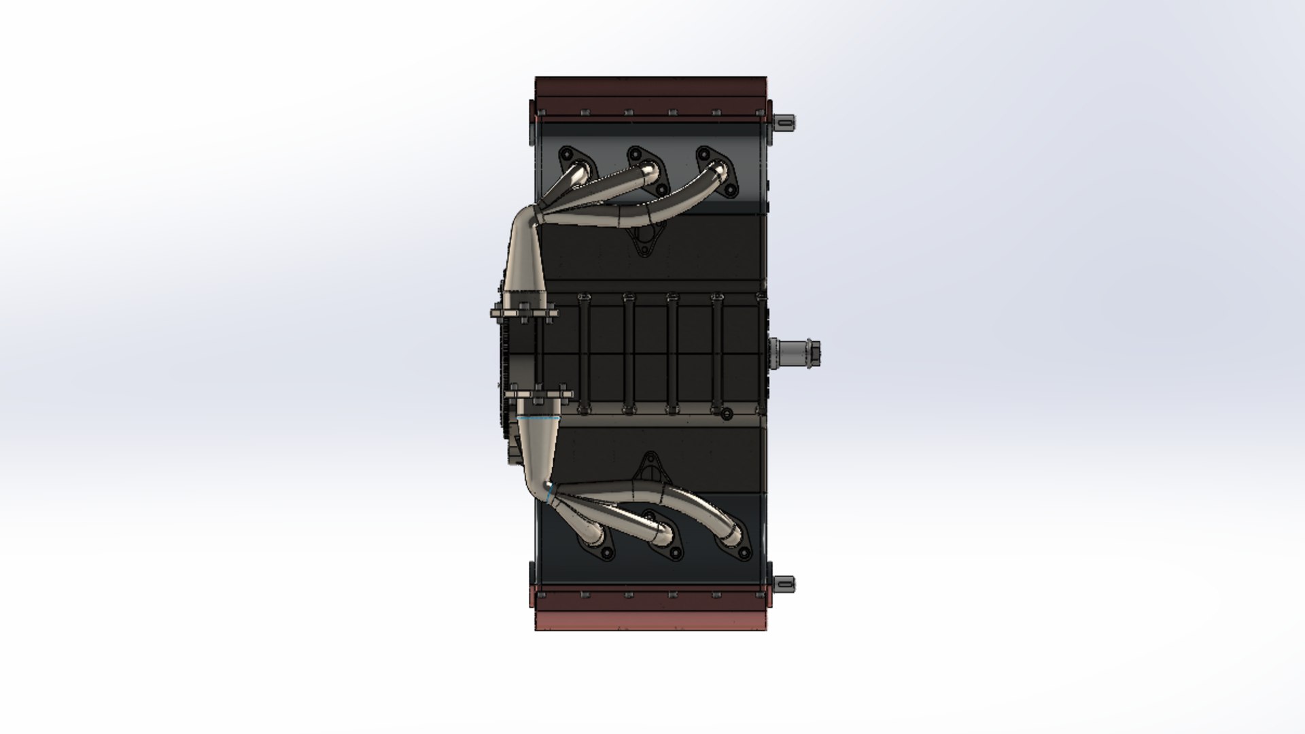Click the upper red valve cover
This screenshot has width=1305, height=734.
pos(650,96)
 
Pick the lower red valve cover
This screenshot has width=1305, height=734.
pos(650,612)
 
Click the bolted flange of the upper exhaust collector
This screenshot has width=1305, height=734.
pos(524,313)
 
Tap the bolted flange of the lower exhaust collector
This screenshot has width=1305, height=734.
pos(537,394)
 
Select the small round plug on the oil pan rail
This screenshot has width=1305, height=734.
pos(726,413)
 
